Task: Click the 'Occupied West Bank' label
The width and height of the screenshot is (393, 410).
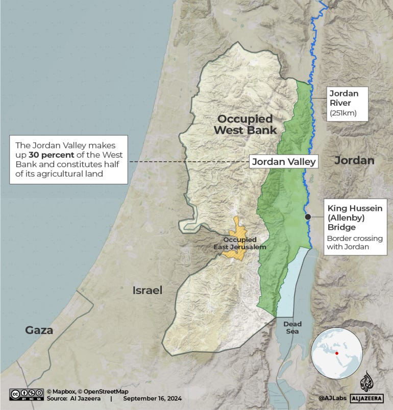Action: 245,125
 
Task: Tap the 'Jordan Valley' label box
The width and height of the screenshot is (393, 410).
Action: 284,162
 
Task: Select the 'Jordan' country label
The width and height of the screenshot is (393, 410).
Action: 354,160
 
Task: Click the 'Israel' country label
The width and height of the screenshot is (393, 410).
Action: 147,291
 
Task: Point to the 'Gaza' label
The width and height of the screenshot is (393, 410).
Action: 39,330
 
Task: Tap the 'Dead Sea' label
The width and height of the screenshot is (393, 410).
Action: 292,328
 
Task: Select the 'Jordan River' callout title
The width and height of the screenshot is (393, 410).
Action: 343,98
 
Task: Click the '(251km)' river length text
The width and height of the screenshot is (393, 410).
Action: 342,113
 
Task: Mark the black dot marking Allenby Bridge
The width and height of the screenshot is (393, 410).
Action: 308,217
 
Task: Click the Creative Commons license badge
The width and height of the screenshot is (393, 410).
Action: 25,395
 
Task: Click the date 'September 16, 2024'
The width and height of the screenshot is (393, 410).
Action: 152,399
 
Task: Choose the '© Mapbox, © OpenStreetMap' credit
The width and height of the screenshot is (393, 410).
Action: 87,392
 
